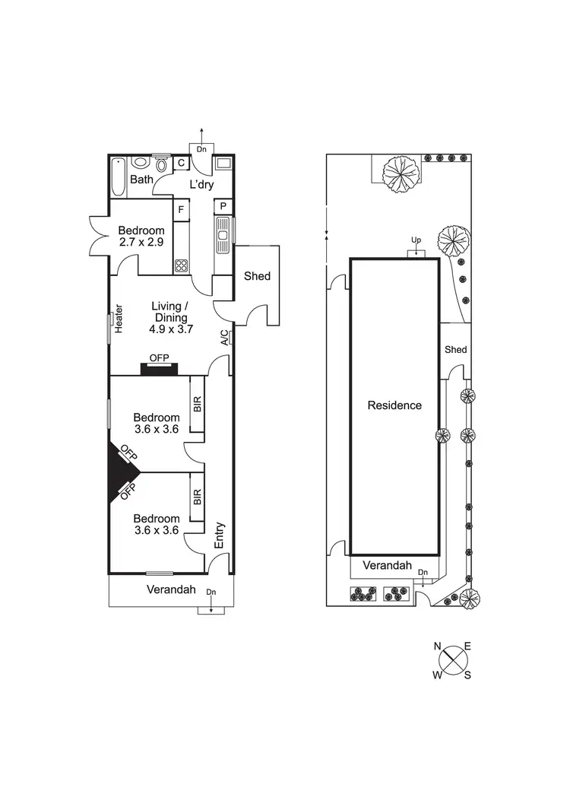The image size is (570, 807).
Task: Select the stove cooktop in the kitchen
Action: pyautogui.click(x=182, y=265)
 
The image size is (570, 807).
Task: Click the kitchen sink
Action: pyautogui.click(x=223, y=236)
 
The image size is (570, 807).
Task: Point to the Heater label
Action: pyautogui.click(x=119, y=319)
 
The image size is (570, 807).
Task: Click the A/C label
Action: pyautogui.click(x=224, y=338)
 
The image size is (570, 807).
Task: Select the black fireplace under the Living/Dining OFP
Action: pyautogui.click(x=159, y=369)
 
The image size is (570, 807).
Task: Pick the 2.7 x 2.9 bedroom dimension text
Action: pyautogui.click(x=141, y=243)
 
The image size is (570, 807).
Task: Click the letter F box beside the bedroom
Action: pyautogui.click(x=181, y=209)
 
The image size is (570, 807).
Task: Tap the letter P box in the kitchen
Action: pyautogui.click(x=223, y=207)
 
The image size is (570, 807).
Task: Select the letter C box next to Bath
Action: pyautogui.click(x=182, y=163)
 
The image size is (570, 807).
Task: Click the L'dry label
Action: pyautogui.click(x=201, y=185)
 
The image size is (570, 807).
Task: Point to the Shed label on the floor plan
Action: pyautogui.click(x=257, y=276)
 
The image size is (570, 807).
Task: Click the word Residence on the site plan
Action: pyautogui.click(x=394, y=405)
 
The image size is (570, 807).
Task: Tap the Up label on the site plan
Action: pyautogui.click(x=416, y=240)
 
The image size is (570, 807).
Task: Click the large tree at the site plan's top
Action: pyautogui.click(x=399, y=174)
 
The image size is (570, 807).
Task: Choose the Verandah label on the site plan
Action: pyautogui.click(x=387, y=566)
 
